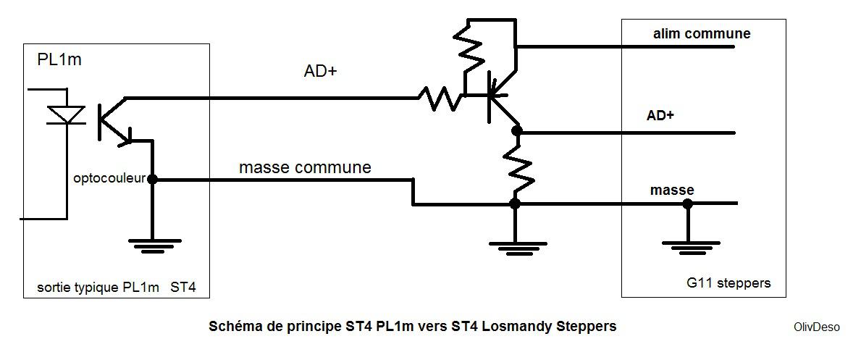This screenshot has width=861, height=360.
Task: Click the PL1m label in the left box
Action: (59, 59)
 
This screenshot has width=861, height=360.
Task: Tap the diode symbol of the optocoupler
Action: (66, 114)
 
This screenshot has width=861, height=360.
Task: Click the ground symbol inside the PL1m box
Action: (152, 245)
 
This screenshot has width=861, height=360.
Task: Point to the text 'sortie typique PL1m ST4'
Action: (116, 288)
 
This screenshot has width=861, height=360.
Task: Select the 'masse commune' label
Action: (305, 167)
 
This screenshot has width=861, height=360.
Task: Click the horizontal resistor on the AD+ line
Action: (440, 98)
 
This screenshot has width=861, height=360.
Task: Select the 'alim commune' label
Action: (702, 34)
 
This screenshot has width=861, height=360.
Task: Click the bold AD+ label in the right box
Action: (660, 116)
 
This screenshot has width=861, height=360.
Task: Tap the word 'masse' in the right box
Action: (672, 190)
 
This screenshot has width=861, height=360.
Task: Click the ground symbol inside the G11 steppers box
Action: (687, 246)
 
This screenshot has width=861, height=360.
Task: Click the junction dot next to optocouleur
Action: (152, 179)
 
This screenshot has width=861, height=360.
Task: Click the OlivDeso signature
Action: (816, 327)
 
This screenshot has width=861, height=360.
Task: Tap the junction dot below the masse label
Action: (687, 204)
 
